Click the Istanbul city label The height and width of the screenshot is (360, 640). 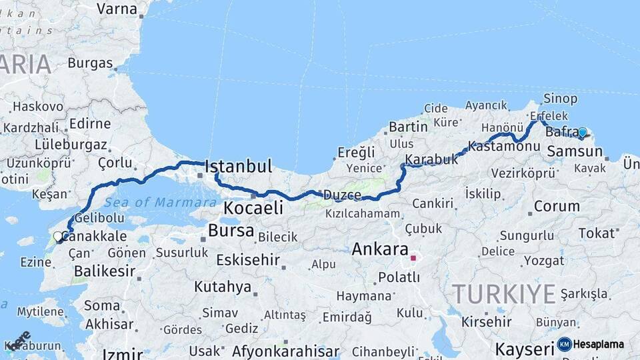tap(239, 167)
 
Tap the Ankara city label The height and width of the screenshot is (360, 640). tap(379, 250)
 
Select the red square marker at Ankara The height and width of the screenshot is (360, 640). tap(413, 257)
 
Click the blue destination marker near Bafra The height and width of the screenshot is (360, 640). tap(582, 133)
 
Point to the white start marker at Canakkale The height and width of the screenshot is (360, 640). tap(58, 235)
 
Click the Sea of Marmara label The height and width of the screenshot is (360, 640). tap(152, 201)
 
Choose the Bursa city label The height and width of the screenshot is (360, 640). tap(231, 231)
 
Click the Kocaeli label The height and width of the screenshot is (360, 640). tap(253, 208)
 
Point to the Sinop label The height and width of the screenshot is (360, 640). tap(560, 99)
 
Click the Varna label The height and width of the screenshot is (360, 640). tap(117, 9)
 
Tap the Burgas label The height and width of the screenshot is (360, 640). tap(90, 64)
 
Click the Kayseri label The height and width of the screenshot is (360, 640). tap(525, 349)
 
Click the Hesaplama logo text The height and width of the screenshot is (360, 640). tap(598, 345)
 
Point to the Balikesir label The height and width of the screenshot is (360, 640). tap(105, 271)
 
